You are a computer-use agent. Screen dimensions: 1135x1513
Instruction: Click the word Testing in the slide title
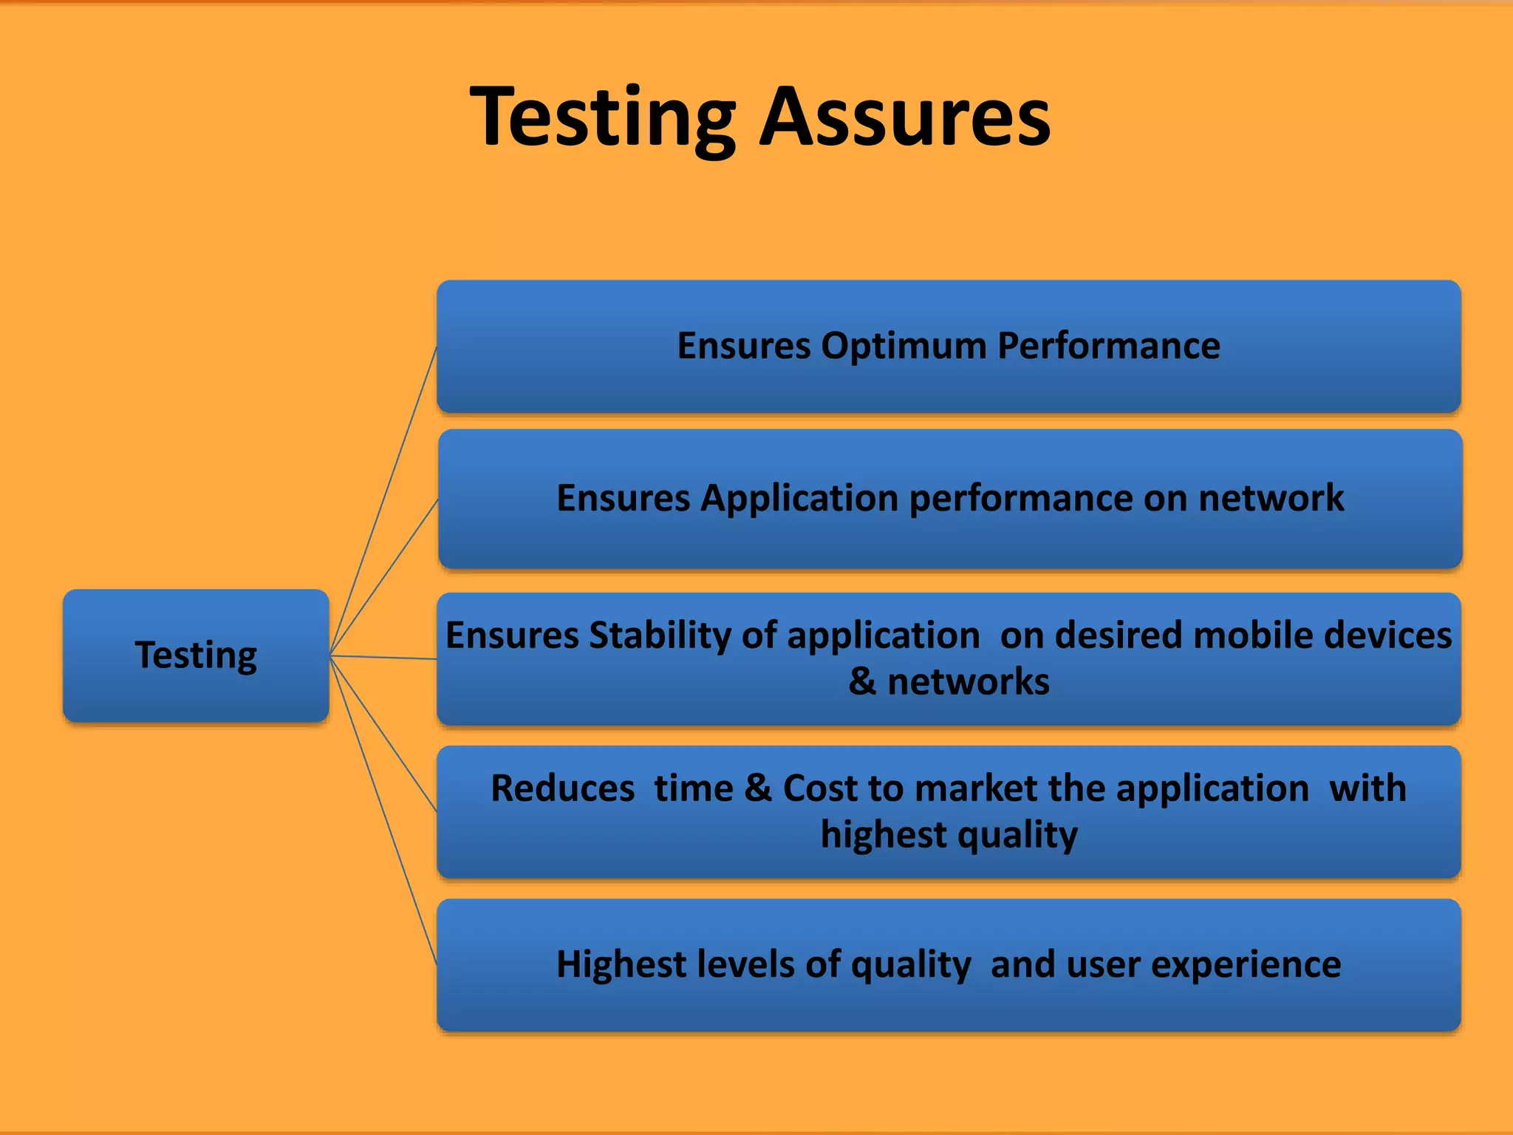click(x=602, y=118)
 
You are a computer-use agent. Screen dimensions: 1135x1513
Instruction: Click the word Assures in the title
click(x=905, y=118)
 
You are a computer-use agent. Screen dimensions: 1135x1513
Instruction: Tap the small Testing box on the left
click(x=196, y=655)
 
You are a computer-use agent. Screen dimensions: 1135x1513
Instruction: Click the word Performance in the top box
click(x=1108, y=346)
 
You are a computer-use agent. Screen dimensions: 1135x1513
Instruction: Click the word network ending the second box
click(x=1271, y=498)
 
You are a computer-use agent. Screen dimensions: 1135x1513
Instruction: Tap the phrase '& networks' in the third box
click(x=949, y=681)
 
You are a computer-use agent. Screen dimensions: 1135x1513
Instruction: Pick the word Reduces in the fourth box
click(x=562, y=788)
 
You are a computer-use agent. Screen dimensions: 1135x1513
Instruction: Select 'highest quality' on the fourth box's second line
click(x=949, y=835)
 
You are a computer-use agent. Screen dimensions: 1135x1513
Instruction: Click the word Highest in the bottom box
click(x=621, y=964)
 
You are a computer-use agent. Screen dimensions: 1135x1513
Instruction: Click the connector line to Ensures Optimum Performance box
click(x=383, y=500)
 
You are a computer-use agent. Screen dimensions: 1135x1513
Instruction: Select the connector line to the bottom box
click(x=383, y=810)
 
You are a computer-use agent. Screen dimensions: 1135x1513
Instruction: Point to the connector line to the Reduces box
click(x=383, y=733)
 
